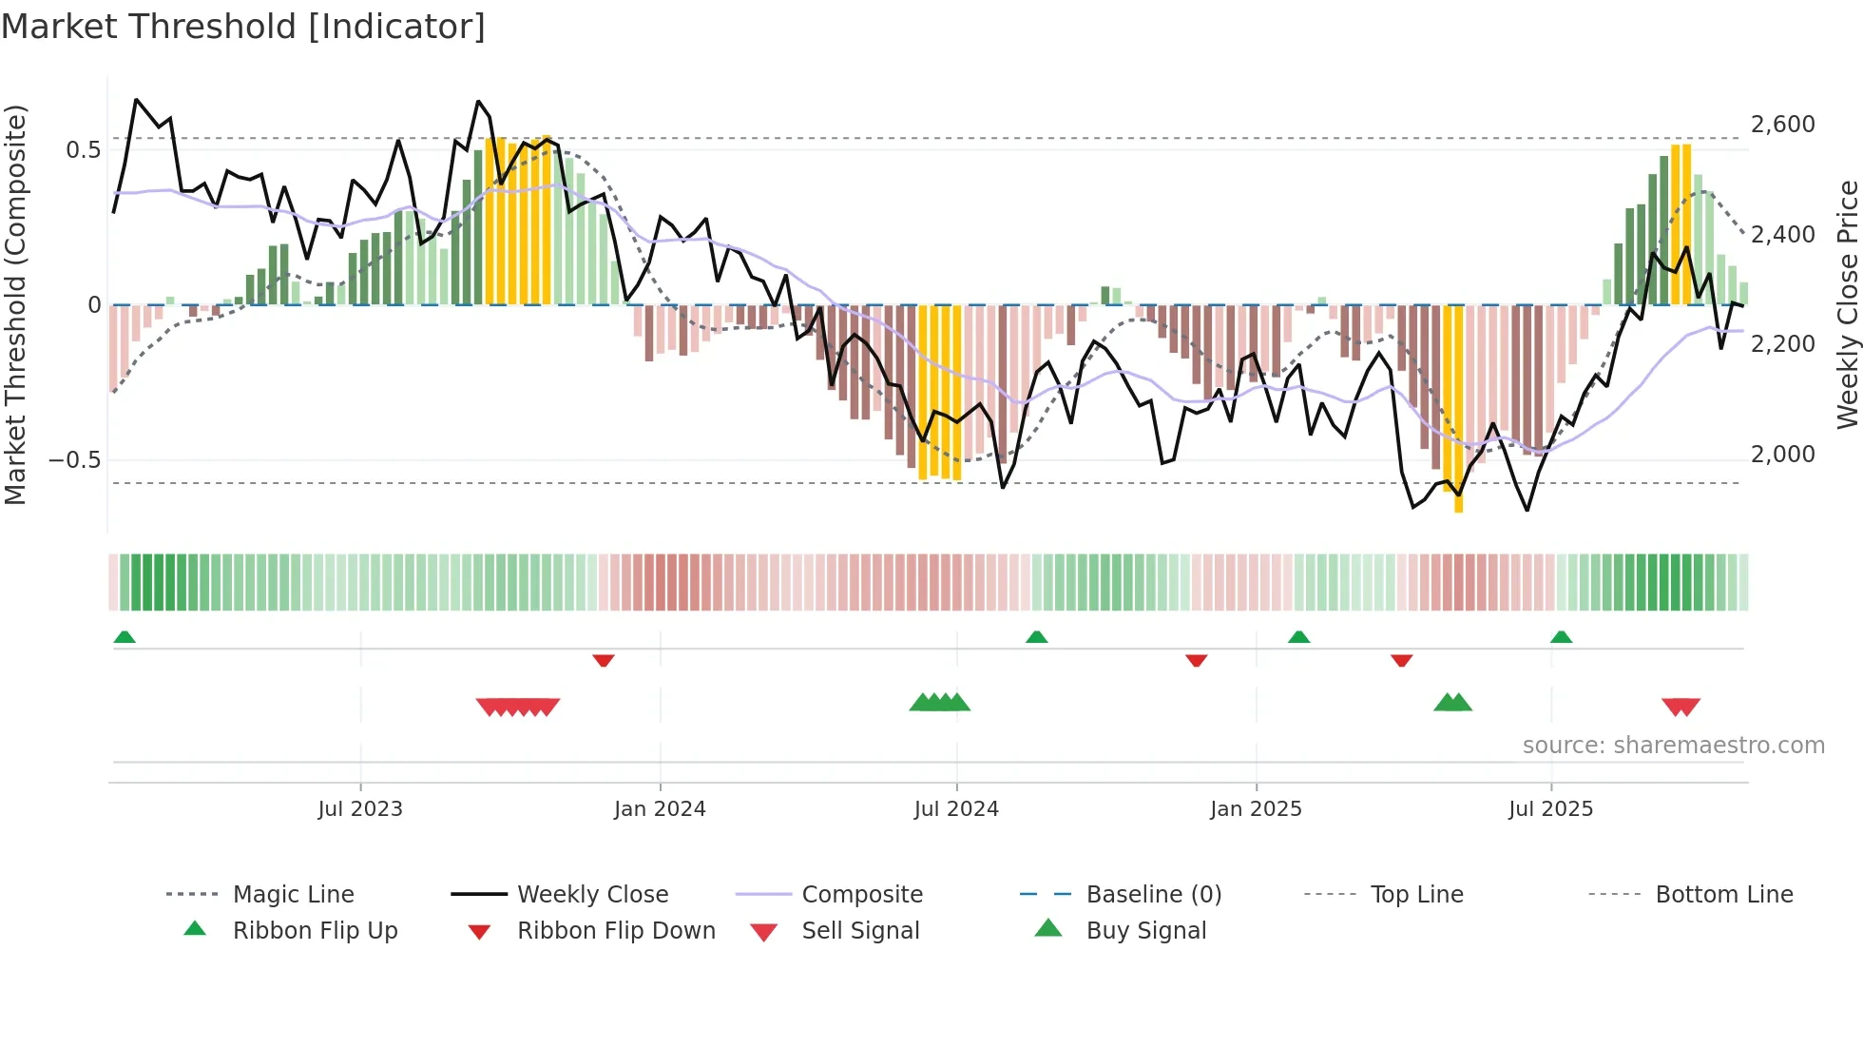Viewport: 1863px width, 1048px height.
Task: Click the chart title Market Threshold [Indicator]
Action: [x=243, y=27]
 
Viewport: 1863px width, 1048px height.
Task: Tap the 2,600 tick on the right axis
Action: [x=1782, y=125]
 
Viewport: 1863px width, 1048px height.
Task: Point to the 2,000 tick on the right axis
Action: [x=1782, y=455]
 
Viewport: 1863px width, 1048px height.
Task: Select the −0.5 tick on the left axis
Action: [x=74, y=460]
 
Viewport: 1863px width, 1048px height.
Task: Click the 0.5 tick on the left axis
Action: [x=83, y=150]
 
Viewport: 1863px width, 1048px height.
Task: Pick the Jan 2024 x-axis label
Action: [x=660, y=809]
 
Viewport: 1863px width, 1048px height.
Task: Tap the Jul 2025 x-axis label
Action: [x=1550, y=809]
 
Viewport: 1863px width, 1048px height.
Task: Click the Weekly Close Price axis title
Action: [x=1846, y=304]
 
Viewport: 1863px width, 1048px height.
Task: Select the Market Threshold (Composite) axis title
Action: [x=15, y=304]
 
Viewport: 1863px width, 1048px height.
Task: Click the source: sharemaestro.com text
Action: [x=1673, y=746]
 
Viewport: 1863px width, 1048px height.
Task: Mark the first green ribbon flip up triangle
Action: [x=125, y=637]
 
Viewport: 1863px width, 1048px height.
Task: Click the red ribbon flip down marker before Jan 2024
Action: [x=604, y=660]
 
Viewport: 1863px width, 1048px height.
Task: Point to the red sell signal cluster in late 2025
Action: [x=1681, y=707]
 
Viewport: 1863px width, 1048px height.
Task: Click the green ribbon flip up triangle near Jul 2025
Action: [x=1561, y=637]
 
